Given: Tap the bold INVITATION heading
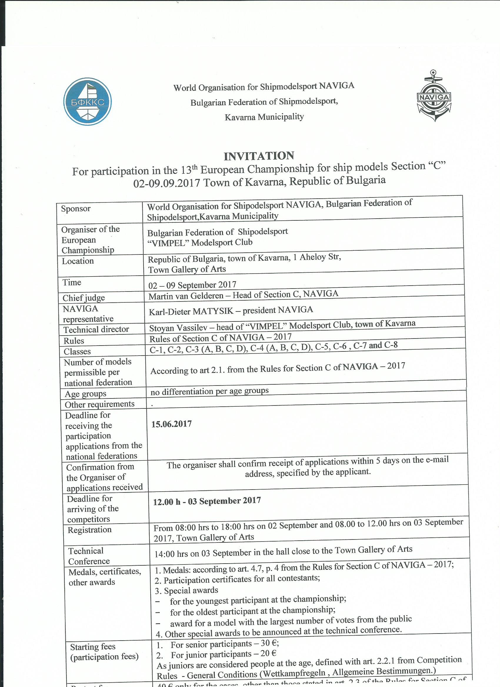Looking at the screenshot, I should pyautogui.click(x=259, y=156).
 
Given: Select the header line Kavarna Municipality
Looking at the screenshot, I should pyautogui.click(x=264, y=117).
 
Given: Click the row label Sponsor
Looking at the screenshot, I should pyautogui.click(x=76, y=209).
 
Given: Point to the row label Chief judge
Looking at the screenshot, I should pyautogui.click(x=84, y=298).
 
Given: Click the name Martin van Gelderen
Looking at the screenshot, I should pyautogui.click(x=186, y=296).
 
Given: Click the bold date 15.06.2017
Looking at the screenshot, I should pyautogui.click(x=172, y=424).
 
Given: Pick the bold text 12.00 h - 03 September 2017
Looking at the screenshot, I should pyautogui.click(x=207, y=501).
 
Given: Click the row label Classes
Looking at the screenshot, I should pyautogui.click(x=77, y=351).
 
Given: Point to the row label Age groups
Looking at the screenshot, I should pyautogui.click(x=86, y=394).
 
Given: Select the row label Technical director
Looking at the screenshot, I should pyautogui.click(x=96, y=329).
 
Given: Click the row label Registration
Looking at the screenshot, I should pyautogui.click(x=89, y=530).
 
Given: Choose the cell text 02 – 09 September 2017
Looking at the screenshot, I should pyautogui.click(x=192, y=285).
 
